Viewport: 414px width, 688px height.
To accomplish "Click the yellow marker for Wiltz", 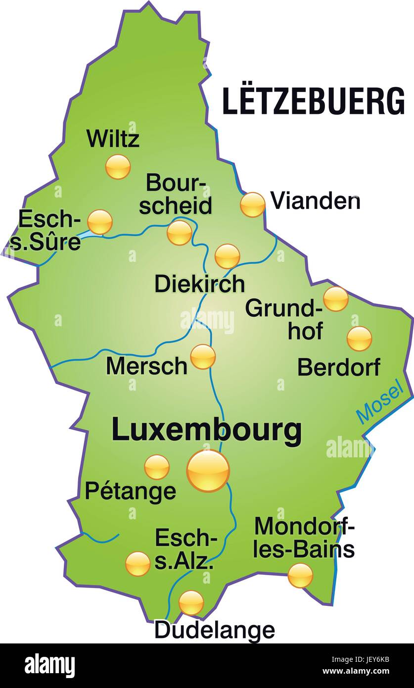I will click(118, 166).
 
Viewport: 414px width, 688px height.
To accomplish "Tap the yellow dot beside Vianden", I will click(253, 204).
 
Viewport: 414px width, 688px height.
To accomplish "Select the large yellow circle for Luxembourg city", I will click(208, 471).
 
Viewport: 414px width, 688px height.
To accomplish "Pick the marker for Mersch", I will click(203, 356).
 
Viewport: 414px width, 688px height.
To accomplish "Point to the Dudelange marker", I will click(191, 602).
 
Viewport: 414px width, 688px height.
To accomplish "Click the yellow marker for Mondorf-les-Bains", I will click(300, 575).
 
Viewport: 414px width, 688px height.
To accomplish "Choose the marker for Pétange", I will click(157, 467).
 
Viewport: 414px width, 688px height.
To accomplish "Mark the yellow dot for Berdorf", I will click(359, 339).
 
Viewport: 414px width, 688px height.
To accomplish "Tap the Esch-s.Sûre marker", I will click(100, 222).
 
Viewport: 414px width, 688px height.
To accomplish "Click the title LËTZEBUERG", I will click(313, 101).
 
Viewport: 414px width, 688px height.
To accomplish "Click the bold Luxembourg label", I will click(206, 430).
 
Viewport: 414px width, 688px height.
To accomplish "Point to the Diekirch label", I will click(199, 284).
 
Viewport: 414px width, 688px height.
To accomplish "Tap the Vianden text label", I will click(315, 201).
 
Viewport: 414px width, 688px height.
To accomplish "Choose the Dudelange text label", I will click(214, 630).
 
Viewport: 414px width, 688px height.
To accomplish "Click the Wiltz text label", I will click(113, 139).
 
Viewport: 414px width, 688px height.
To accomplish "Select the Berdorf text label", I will click(339, 367).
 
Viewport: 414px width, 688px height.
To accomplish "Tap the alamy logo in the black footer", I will click(49, 665).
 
